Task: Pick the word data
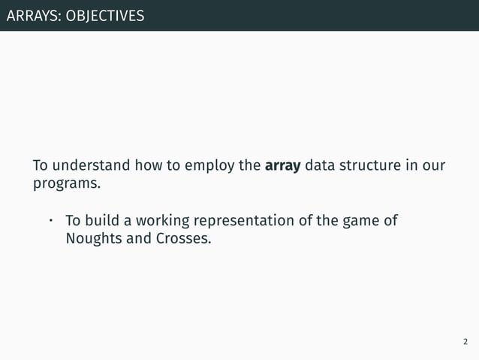pyautogui.click(x=321, y=165)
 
